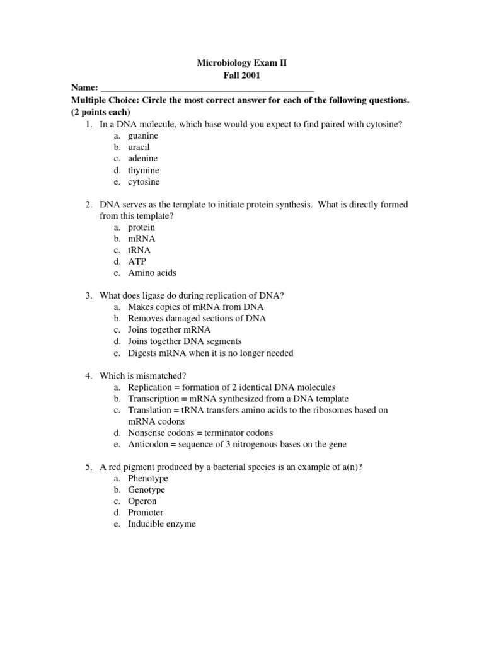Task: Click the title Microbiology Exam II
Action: (242, 64)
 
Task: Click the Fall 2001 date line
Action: (242, 76)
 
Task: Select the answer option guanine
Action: (143, 135)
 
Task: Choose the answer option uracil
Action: (139, 147)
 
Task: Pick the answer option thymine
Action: (143, 170)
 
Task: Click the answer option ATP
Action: (137, 261)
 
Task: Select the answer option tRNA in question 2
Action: (139, 250)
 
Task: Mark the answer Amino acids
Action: (152, 273)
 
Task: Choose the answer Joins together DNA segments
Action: (185, 341)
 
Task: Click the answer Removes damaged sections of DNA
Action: (197, 318)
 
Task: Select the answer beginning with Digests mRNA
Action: (210, 353)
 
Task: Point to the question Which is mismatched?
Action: (143, 375)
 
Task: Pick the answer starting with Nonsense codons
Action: (200, 433)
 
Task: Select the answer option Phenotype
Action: (147, 478)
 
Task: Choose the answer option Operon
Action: (142, 501)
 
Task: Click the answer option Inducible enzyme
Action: (161, 524)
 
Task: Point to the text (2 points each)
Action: (100, 112)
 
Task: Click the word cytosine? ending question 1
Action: (380, 124)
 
